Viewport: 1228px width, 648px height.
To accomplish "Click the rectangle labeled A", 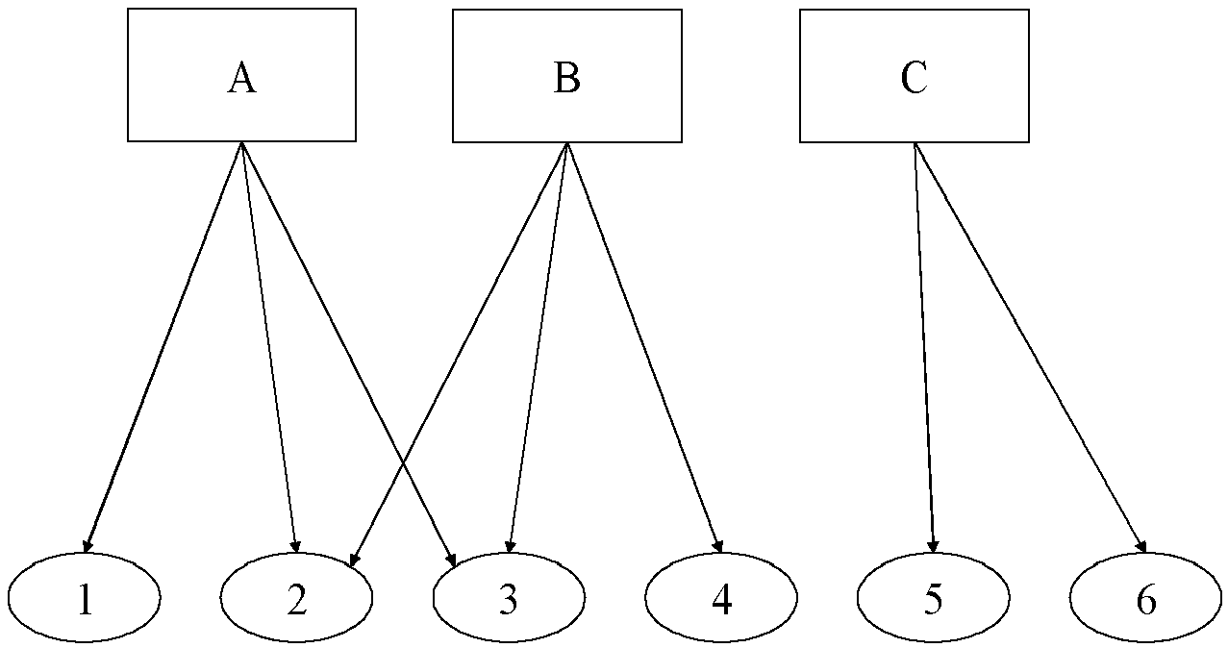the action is [x=241, y=75].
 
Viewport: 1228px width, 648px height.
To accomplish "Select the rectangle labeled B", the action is [x=567, y=76].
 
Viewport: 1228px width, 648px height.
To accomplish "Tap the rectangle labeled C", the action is [x=915, y=76].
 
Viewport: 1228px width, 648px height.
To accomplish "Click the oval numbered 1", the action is [x=85, y=597].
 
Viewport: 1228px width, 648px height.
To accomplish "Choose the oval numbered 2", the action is [x=296, y=597].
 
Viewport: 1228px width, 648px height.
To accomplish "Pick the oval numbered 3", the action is [x=509, y=597].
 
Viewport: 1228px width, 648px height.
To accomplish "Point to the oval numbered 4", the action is [x=721, y=597].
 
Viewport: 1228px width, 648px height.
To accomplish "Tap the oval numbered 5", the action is [x=934, y=597].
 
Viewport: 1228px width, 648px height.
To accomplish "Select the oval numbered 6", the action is [x=1145, y=597].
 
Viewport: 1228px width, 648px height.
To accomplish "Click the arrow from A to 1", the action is [x=163, y=347].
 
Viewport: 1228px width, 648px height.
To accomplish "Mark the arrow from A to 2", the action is [x=269, y=347].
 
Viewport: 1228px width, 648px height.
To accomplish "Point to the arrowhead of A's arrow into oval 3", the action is [x=451, y=560].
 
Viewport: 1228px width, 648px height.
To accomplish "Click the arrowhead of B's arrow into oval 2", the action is [x=354, y=560].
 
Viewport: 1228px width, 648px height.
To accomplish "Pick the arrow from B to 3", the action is [x=539, y=348].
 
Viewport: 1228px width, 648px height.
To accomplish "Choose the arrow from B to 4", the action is [x=644, y=348].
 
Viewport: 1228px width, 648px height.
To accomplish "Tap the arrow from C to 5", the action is [x=924, y=348].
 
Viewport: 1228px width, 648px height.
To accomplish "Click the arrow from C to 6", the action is [x=1030, y=348].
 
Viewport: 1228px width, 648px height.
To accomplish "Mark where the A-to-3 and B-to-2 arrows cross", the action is [x=403, y=465].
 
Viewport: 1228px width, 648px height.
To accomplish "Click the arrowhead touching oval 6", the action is [x=1141, y=546].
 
